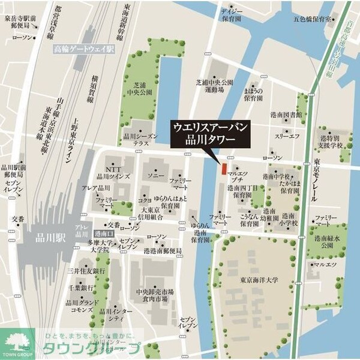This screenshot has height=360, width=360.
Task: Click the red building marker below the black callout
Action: [x=223, y=169]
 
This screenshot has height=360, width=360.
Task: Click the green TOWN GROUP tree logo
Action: [x=16, y=343]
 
